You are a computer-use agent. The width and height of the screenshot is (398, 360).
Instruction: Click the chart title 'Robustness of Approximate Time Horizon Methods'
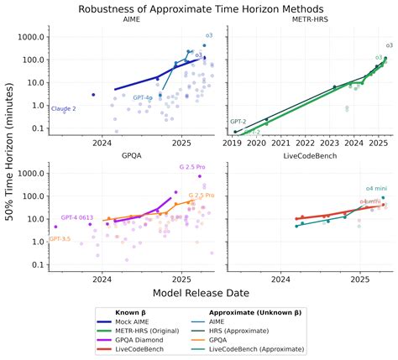coord(199,8)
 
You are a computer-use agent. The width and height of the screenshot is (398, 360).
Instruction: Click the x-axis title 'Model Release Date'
coord(199,293)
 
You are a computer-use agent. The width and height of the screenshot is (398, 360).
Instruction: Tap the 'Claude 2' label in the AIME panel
coord(64,109)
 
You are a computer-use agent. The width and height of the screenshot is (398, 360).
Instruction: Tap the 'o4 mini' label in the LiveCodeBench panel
coord(375,188)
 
